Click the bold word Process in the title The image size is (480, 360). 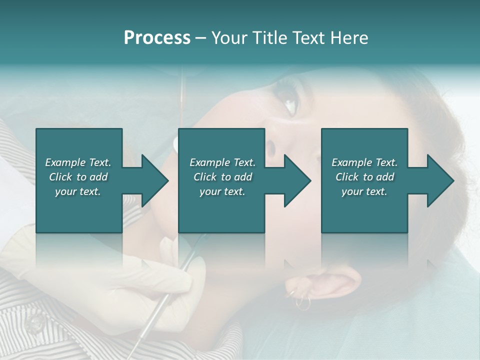point(157,38)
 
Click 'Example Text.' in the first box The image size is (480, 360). point(78,162)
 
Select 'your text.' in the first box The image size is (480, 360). point(78,191)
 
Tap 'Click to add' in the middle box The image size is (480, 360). point(222,177)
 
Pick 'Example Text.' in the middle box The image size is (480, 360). point(222,162)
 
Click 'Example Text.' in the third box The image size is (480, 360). point(364,162)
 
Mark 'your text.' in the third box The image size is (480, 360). point(364,191)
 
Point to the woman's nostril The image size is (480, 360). point(270,148)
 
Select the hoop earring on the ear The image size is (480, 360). point(302,302)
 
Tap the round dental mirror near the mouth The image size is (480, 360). point(174,144)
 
